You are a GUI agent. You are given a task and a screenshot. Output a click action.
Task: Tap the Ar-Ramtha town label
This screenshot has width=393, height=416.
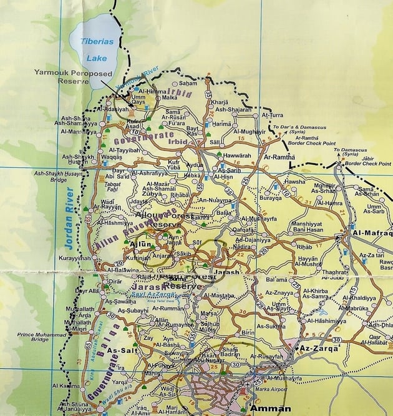coord(279,157)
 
